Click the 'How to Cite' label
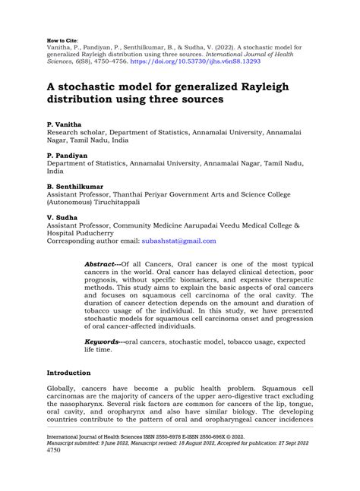tap(62, 35)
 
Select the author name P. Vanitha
tap(65, 122)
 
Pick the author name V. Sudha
tap(63, 218)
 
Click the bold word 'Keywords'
tap(104, 342)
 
